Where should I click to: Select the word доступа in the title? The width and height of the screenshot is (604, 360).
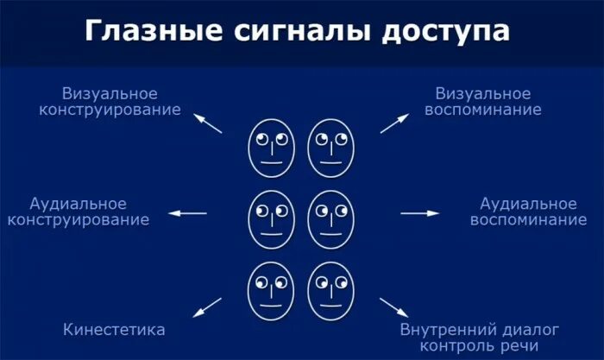(x=441, y=32)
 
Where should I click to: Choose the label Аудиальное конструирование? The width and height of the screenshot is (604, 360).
(x=79, y=212)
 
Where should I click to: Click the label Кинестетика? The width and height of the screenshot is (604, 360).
(x=115, y=330)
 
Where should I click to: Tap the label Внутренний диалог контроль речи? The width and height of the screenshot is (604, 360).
(x=481, y=338)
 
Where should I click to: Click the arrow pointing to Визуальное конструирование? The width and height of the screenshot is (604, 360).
(x=208, y=122)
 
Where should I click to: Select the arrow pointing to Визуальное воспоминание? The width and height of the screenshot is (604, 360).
(x=394, y=122)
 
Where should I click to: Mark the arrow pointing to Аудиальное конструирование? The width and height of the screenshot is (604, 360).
(x=187, y=212)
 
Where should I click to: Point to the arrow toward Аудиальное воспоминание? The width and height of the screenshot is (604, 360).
(x=420, y=212)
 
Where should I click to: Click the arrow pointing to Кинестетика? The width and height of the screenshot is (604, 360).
(x=208, y=305)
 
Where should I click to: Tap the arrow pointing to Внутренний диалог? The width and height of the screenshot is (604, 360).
(x=394, y=306)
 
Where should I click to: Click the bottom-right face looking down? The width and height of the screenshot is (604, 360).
(x=330, y=289)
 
